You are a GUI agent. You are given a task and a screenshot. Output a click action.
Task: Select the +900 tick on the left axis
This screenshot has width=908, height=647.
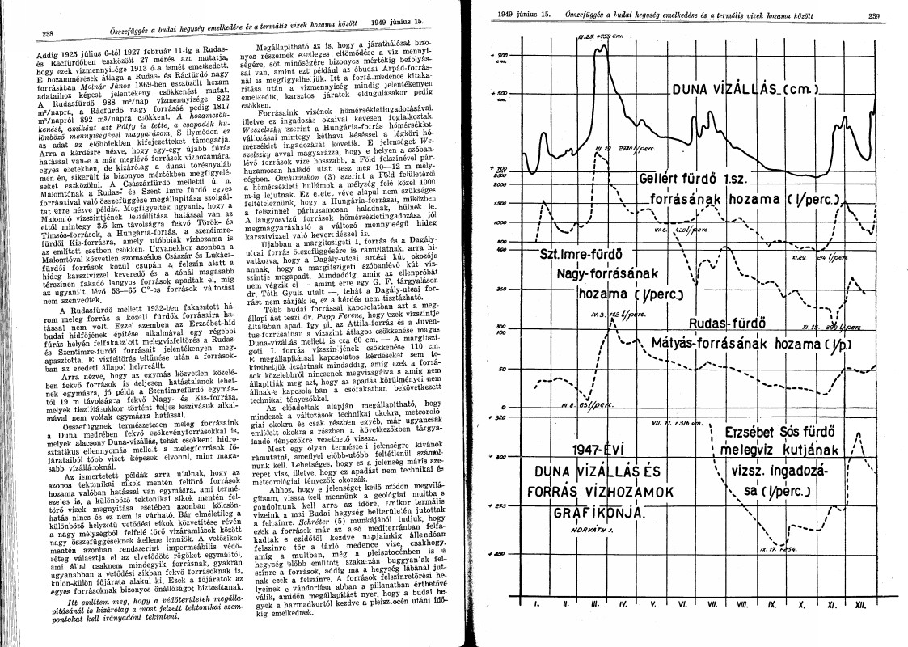495,55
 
